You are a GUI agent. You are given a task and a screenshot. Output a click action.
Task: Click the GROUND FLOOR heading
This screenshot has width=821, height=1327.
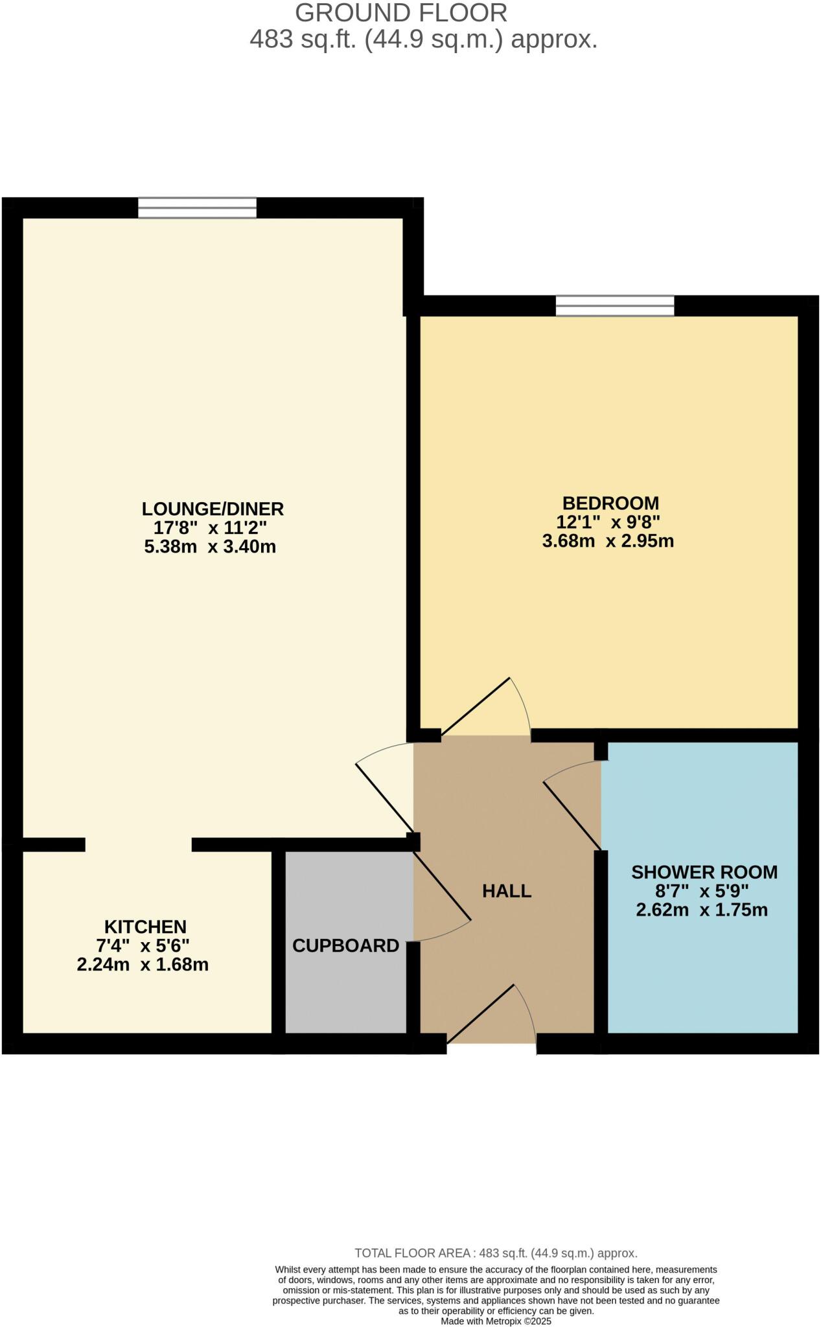click(x=401, y=13)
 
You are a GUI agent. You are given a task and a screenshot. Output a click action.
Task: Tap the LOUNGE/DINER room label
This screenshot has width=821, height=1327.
click(x=213, y=509)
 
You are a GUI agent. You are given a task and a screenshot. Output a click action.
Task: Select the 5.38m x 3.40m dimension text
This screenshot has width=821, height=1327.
click(x=210, y=546)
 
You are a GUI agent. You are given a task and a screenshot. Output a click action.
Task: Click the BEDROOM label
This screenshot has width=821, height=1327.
click(x=610, y=503)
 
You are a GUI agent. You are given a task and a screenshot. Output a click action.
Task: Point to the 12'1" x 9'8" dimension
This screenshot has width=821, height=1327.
click(x=608, y=522)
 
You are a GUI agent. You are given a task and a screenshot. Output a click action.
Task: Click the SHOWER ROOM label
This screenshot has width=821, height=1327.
click(x=704, y=871)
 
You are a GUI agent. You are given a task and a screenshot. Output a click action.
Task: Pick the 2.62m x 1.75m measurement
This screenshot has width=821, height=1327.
click(x=702, y=910)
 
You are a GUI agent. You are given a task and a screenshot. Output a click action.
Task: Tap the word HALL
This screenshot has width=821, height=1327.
click(x=507, y=891)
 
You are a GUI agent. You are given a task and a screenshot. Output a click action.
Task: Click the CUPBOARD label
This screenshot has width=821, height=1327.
click(x=345, y=945)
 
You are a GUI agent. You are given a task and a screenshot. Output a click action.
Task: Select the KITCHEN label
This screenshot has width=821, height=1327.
click(x=145, y=927)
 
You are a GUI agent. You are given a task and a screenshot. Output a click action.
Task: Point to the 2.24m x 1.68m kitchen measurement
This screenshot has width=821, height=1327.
click(x=143, y=965)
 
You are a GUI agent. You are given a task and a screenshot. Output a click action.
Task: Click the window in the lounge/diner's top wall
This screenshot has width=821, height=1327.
click(x=197, y=208)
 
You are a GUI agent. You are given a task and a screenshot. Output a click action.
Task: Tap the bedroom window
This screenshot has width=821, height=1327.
click(x=615, y=306)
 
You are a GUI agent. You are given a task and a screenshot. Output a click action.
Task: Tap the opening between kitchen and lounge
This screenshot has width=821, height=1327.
click(x=139, y=844)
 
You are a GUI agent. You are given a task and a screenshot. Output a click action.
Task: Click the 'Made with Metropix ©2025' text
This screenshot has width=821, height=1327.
click(x=496, y=1321)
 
